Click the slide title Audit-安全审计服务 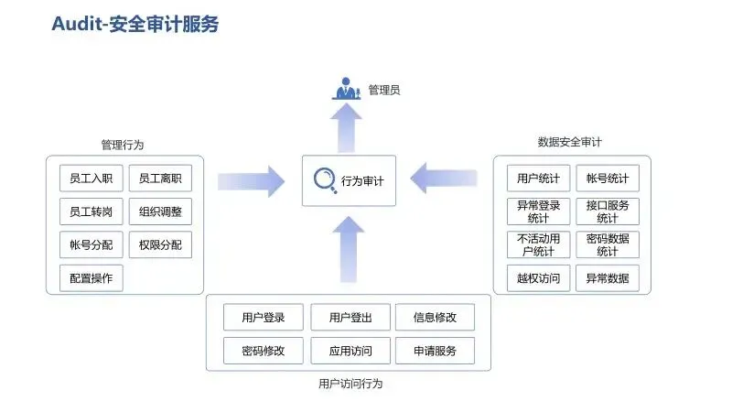pyautogui.click(x=135, y=25)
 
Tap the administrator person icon pyautogui.click(x=347, y=90)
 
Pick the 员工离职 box pyautogui.click(x=160, y=179)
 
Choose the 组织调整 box pyautogui.click(x=160, y=211)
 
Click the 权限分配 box pyautogui.click(x=160, y=244)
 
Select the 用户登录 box pyautogui.click(x=264, y=318)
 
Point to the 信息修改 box pyautogui.click(x=435, y=318)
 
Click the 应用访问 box pyautogui.click(x=350, y=350)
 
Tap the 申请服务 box pyautogui.click(x=435, y=350)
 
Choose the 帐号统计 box pyautogui.click(x=608, y=178)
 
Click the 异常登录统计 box pyautogui.click(x=538, y=211)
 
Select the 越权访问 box pyautogui.click(x=538, y=277)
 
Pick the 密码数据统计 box pyautogui.click(x=608, y=244)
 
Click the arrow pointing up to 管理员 pyautogui.click(x=348, y=128)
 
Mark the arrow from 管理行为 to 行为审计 pyautogui.click(x=251, y=180)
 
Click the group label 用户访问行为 pyautogui.click(x=350, y=384)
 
